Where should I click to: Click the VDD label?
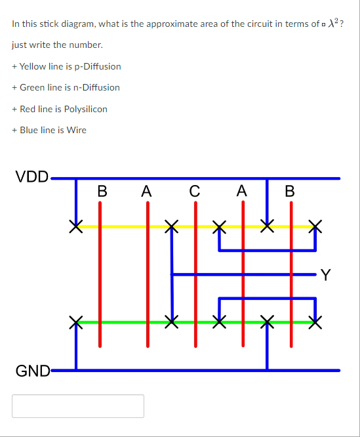click(32, 177)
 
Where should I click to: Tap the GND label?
click(33, 371)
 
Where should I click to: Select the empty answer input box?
click(78, 406)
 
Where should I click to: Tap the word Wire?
click(76, 130)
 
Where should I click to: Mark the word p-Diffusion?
click(97, 66)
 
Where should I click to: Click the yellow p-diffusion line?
click(125, 226)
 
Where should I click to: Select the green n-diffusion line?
click(125, 322)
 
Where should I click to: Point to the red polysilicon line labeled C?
click(195, 289)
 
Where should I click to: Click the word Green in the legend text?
click(31, 87)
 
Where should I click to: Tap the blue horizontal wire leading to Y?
click(275, 274)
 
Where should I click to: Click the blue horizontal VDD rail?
click(197, 178)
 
